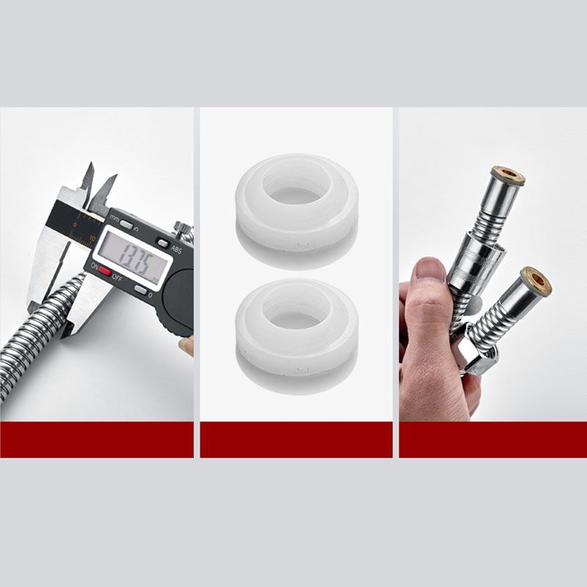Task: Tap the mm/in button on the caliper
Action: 126,223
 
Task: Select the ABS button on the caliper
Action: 163,243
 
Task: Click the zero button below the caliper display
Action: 139,289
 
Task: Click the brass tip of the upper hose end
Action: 508,175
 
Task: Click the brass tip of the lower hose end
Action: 536,280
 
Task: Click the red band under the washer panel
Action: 296,440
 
